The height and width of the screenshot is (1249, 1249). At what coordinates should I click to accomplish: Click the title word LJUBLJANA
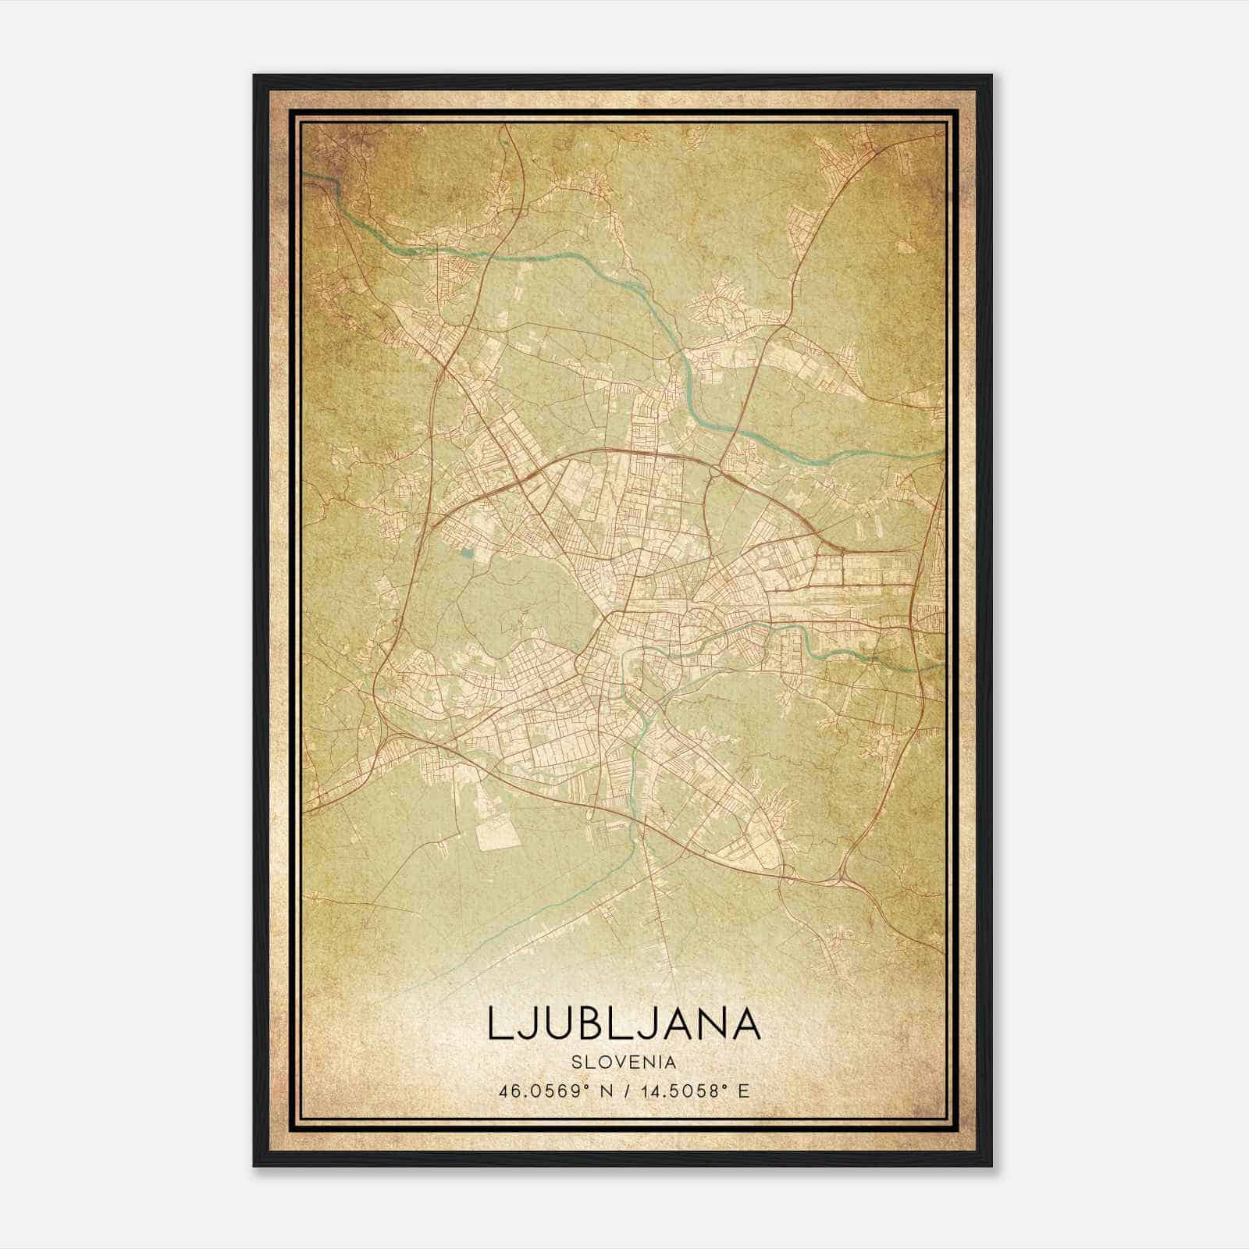point(624,1023)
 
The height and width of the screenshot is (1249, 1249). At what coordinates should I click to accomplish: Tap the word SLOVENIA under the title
point(624,1062)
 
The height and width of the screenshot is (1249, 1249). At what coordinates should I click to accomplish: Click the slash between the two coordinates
point(624,1091)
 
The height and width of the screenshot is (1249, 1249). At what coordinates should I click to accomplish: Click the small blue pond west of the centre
point(467,553)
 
